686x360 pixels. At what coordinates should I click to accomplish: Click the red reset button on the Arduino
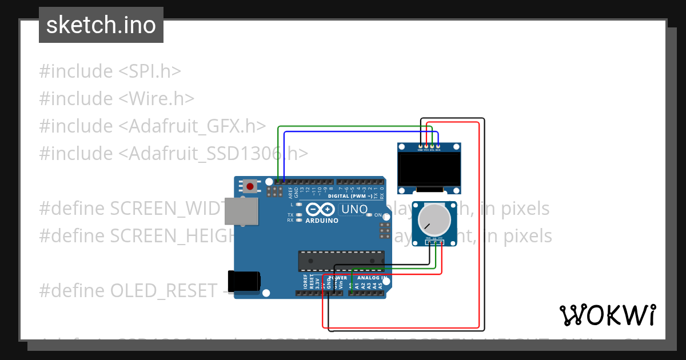click(x=250, y=186)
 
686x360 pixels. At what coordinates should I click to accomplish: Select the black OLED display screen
click(x=429, y=168)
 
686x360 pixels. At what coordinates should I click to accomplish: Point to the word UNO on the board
click(x=354, y=209)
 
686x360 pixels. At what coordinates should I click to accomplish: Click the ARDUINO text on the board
click(x=321, y=221)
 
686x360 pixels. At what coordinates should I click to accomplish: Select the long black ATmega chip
click(x=341, y=260)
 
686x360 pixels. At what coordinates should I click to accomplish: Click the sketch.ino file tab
click(x=101, y=25)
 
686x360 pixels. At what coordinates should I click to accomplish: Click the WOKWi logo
click(x=607, y=315)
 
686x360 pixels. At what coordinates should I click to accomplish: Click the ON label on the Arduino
click(x=378, y=215)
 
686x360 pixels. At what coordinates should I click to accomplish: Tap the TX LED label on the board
click(x=290, y=215)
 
